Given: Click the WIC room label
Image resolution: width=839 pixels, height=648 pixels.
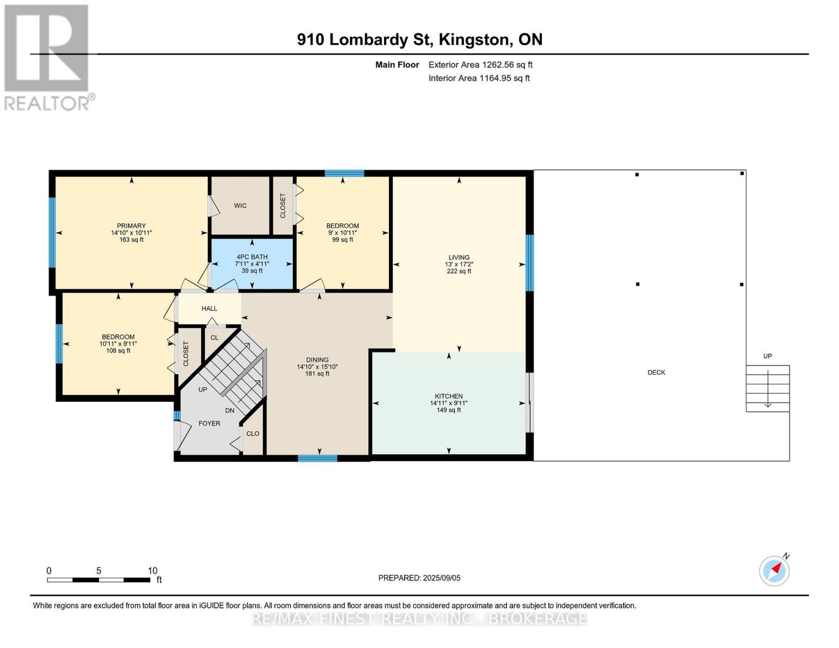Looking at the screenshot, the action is coord(240,206).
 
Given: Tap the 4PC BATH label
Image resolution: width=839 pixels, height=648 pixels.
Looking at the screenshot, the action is coord(252,257).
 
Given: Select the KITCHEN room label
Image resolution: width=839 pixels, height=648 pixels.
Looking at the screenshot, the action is coord(448,396).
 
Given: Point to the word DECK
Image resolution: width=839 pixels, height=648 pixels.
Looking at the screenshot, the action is coord(656,373).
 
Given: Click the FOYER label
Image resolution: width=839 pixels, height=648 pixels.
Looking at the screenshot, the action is coord(209,423).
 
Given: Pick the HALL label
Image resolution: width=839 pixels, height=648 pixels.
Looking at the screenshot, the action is coord(209,308).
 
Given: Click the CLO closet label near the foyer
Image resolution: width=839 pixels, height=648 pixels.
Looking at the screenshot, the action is coord(253,434).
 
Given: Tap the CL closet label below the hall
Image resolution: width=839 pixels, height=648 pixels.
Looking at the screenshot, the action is coord(214,337).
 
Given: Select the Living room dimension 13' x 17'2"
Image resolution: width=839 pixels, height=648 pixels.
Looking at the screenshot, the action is coord(459,265).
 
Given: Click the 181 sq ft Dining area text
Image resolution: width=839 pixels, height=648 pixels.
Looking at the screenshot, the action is coord(317,374).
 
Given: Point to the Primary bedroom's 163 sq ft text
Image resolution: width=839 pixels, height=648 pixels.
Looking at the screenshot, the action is coord(131,240).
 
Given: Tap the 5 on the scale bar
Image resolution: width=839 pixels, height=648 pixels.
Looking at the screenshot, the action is coord(99,571).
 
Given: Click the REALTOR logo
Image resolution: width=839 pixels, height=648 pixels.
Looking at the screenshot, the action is coord(49,58).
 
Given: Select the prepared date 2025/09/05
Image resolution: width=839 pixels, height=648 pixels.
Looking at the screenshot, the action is coord(442,578).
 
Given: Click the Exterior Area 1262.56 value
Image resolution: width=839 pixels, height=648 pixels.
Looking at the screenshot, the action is coord(499,65).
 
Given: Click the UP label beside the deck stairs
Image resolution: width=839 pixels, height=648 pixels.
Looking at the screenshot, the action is coord(768,356).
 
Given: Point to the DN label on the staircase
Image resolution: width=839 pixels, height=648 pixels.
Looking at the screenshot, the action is coord(230,410).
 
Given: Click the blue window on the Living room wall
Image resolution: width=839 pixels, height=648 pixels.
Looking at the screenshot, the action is coord(530,263).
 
